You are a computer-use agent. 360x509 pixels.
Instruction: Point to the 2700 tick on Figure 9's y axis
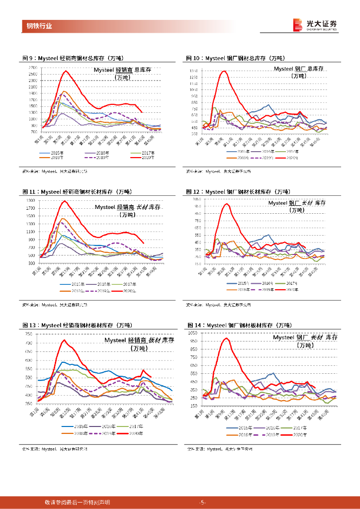[33, 68]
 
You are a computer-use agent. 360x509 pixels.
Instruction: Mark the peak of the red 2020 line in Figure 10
[224, 71]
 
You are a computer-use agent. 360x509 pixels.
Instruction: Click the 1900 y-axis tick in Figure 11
[31, 200]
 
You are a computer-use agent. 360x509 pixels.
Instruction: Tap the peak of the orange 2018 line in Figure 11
[62, 219]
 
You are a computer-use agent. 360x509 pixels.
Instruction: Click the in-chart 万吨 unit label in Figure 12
[297, 210]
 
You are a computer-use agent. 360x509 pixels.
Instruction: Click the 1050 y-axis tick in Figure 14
[193, 332]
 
